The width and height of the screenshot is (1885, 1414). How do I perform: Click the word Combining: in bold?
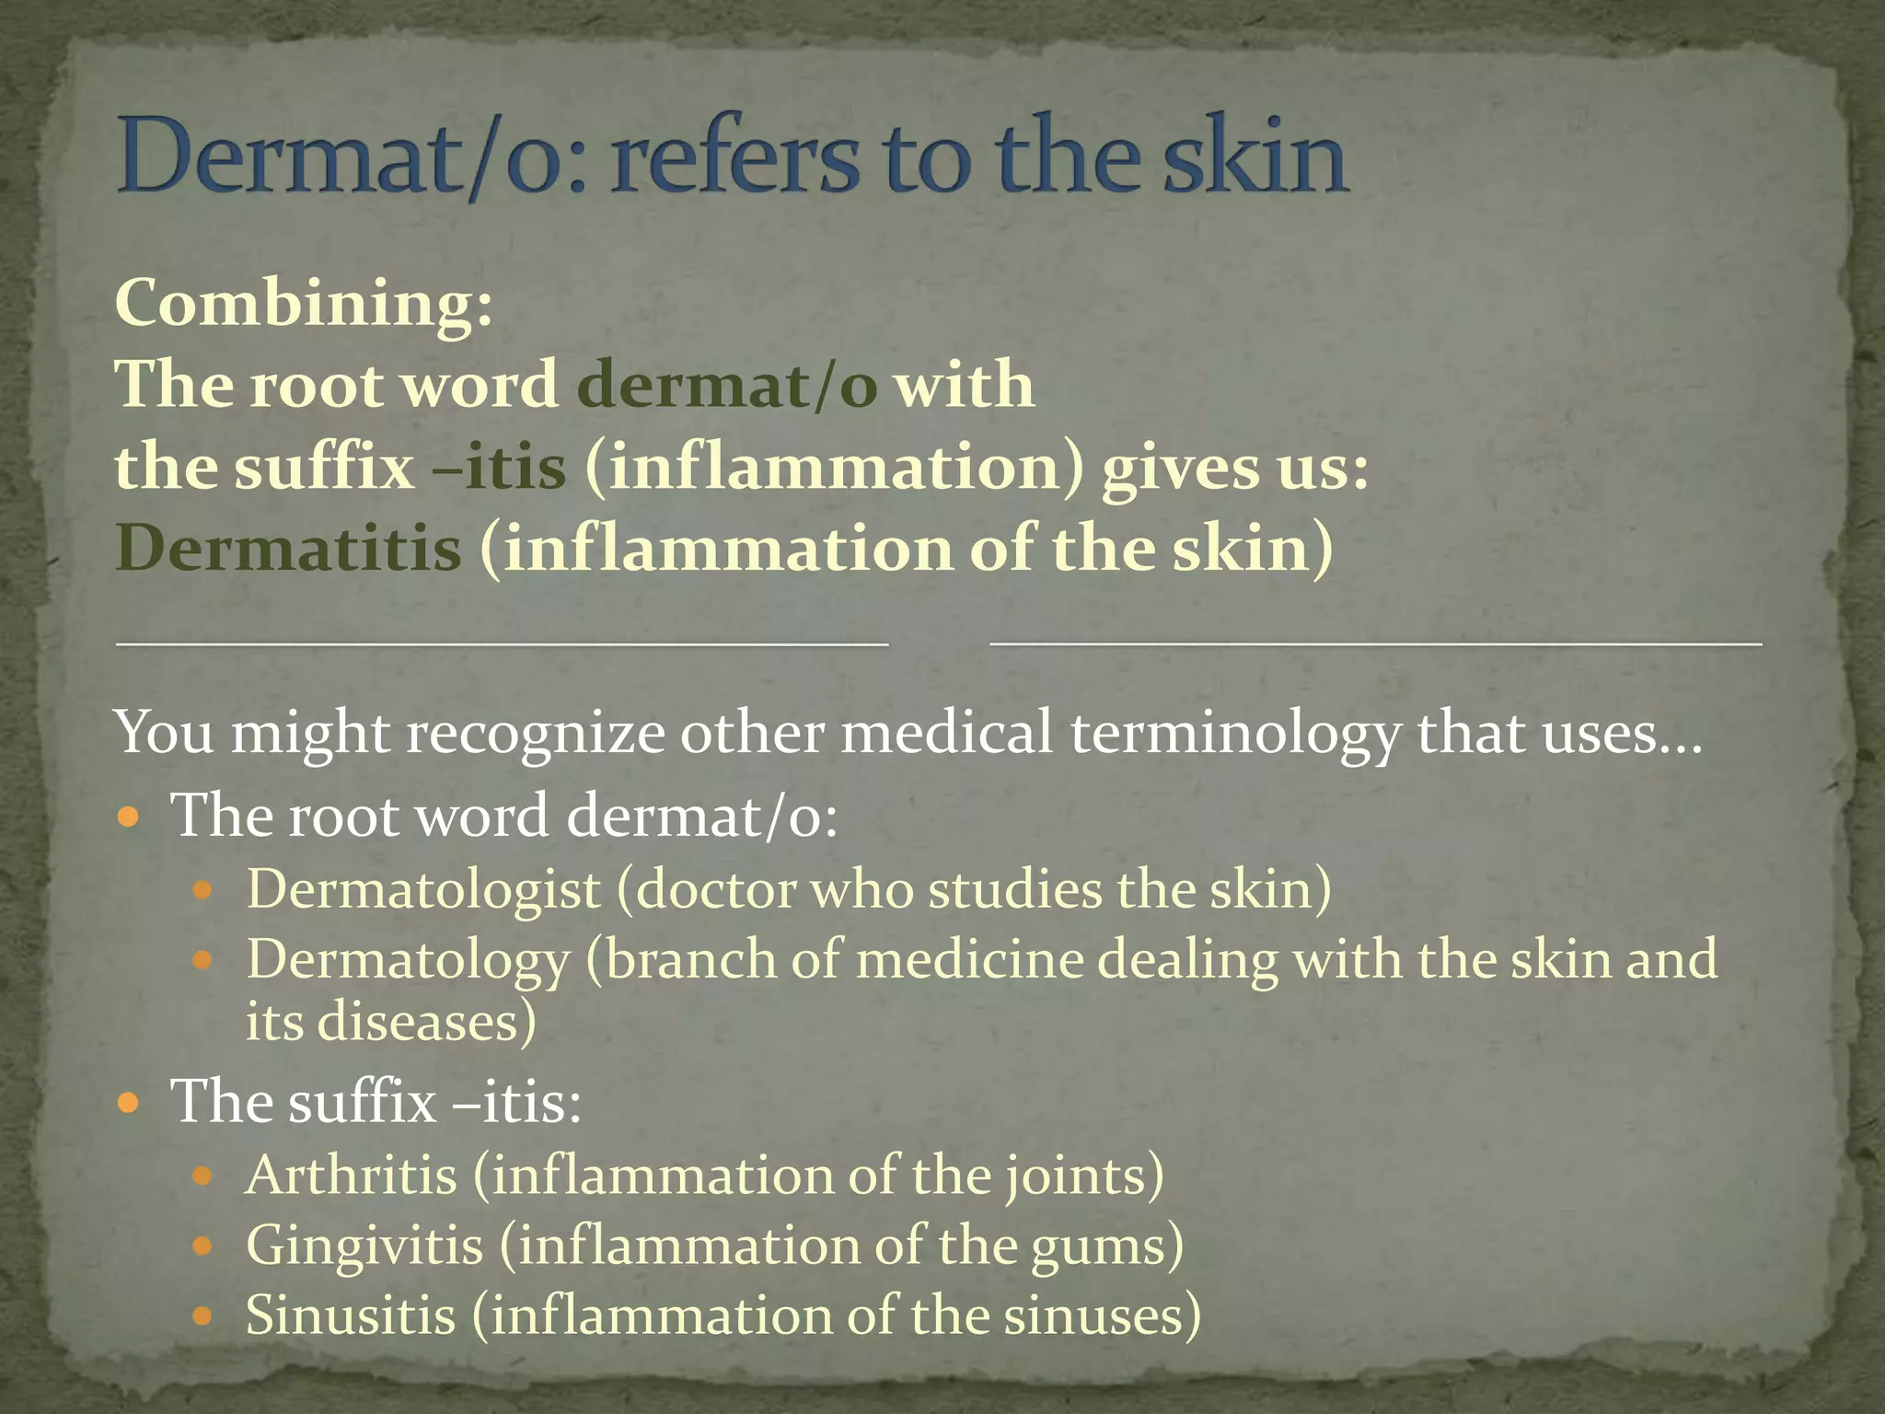point(304,304)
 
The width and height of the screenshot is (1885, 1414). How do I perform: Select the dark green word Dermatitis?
point(288,549)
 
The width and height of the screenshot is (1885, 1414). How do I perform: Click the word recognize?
point(535,735)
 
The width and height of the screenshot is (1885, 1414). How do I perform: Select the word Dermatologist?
point(423,890)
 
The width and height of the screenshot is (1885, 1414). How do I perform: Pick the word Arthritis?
point(351,1176)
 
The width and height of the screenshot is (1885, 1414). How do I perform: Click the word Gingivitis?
point(364,1246)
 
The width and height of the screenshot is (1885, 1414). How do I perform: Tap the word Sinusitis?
point(351,1315)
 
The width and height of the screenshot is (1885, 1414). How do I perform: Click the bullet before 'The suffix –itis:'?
point(130,1101)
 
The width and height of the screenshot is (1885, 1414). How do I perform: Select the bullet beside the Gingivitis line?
point(202,1246)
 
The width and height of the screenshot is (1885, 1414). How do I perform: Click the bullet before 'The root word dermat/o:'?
point(130,816)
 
